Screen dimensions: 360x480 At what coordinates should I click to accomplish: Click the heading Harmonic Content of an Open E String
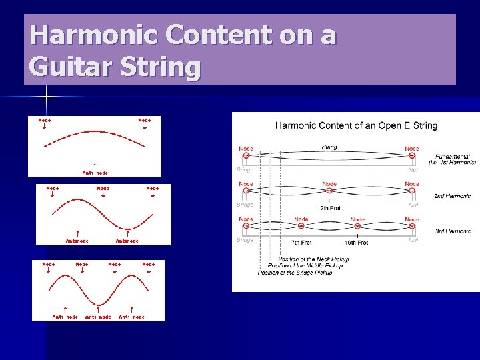click(356, 125)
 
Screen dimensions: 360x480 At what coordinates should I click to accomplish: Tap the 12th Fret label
click(329, 208)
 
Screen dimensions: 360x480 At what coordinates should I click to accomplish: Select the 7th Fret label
click(301, 242)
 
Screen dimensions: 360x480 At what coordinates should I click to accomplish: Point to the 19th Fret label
click(357, 242)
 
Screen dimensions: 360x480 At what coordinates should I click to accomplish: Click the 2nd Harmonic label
click(453, 196)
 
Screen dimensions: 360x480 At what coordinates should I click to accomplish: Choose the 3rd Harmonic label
click(453, 231)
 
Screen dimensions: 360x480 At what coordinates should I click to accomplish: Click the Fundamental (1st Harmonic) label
click(452, 159)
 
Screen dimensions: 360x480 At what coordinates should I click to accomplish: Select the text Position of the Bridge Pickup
click(295, 272)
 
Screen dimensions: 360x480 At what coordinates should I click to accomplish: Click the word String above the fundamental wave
click(329, 147)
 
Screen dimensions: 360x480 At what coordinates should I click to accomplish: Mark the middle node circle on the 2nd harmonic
click(329, 191)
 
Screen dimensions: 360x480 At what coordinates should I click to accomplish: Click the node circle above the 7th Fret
click(301, 227)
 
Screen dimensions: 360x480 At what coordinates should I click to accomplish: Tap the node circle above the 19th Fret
click(357, 227)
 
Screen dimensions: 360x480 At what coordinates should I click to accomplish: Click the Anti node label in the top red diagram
click(95, 173)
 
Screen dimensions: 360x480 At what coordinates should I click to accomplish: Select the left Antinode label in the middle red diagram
click(77, 241)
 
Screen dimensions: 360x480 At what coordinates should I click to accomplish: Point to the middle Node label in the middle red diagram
click(103, 189)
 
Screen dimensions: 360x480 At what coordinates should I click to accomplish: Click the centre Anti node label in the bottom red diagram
click(98, 317)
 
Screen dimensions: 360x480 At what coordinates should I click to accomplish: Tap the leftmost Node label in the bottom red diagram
click(49, 265)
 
